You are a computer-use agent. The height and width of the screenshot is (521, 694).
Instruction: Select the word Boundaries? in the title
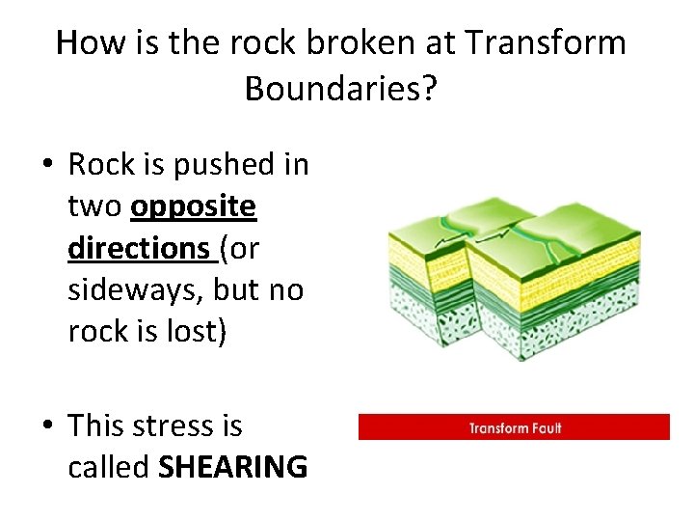pyautogui.click(x=341, y=89)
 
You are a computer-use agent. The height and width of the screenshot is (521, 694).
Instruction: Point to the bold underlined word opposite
pyautogui.click(x=194, y=206)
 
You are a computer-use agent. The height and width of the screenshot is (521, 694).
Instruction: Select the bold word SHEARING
pyautogui.click(x=232, y=467)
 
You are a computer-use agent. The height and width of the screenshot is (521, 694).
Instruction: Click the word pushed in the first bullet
pyautogui.click(x=220, y=165)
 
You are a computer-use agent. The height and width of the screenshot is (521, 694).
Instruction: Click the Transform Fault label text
pyautogui.click(x=515, y=427)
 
